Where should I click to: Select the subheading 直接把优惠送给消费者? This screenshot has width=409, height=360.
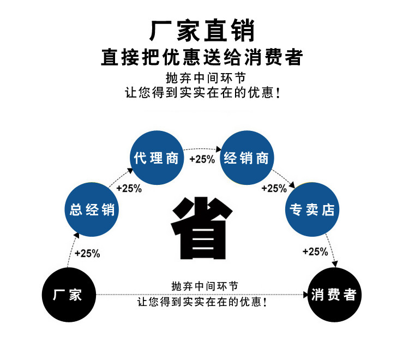point(202,57)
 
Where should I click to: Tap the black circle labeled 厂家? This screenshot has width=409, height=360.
point(68,295)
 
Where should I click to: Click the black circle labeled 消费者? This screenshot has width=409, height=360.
point(334,295)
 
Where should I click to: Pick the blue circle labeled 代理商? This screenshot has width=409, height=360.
point(157,159)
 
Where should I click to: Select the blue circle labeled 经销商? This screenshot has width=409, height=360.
point(246,159)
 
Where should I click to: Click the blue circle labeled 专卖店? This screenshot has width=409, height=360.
point(311,209)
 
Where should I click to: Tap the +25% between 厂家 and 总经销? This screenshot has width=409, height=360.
point(87,253)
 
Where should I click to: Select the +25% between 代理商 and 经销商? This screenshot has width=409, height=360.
point(202,159)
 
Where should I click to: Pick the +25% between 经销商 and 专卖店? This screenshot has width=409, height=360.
point(274,189)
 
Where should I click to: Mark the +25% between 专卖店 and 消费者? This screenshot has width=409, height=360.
point(315,251)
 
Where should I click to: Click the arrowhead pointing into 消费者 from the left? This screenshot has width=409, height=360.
point(306,295)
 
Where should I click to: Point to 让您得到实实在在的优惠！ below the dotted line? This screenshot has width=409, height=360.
point(202,302)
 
